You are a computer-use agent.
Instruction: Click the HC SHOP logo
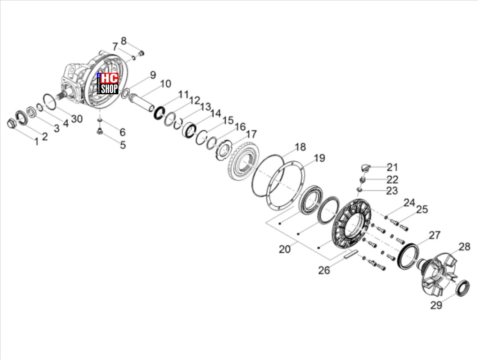[x=108, y=84]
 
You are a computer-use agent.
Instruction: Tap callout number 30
[x=77, y=119]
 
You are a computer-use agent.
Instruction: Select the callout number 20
[x=285, y=249]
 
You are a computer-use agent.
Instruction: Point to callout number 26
[x=324, y=270]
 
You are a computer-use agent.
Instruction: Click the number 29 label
[x=436, y=305]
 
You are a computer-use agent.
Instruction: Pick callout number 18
[x=300, y=147]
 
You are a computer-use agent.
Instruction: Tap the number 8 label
[x=123, y=41]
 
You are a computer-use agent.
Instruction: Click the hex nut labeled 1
[x=11, y=124]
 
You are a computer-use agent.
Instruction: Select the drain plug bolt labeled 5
[x=100, y=131]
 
